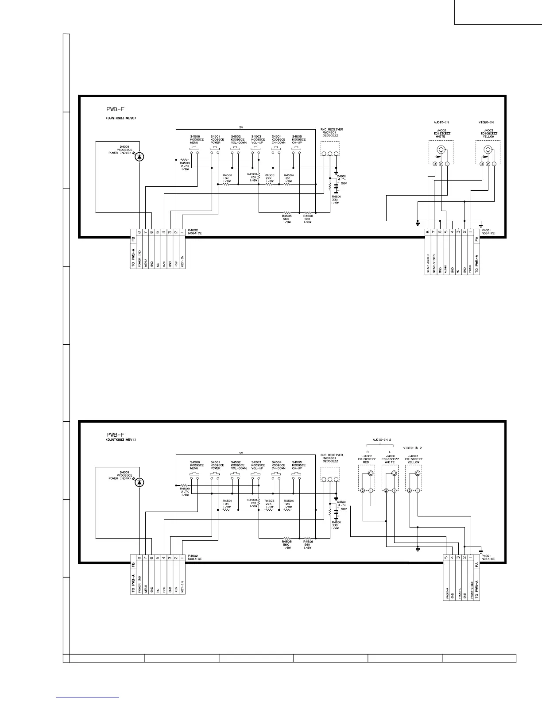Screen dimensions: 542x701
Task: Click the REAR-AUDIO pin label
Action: point(428,264)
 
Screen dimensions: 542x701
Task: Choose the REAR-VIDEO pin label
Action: point(434,264)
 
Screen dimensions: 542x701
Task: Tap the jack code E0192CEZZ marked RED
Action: point(366,459)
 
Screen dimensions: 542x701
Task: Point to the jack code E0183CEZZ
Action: point(441,133)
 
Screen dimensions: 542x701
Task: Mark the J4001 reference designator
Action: point(390,456)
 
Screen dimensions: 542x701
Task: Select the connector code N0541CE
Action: point(488,559)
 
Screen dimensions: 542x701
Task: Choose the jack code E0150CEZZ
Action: point(414,459)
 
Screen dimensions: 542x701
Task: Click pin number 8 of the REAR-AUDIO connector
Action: point(428,232)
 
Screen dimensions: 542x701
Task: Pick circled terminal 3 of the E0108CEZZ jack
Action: point(482,164)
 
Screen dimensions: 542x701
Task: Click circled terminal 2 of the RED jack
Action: point(363,491)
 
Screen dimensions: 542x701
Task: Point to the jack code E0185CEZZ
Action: point(390,459)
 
